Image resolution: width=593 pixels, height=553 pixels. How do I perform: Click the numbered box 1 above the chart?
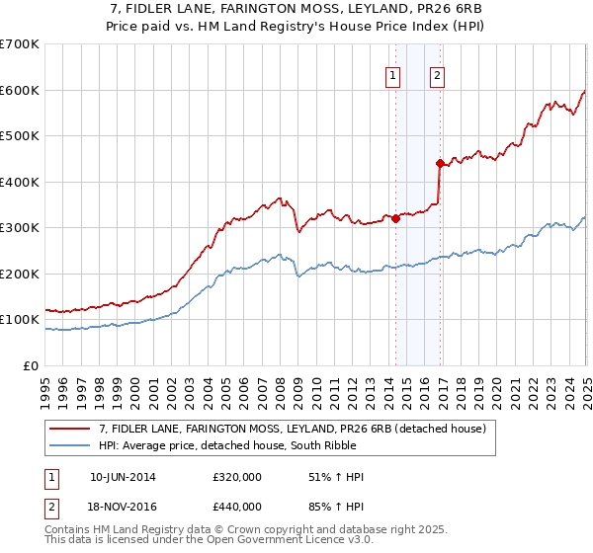(x=393, y=77)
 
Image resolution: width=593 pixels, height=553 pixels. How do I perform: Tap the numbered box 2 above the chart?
(x=437, y=77)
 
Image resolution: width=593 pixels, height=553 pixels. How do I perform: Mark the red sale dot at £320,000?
(x=395, y=219)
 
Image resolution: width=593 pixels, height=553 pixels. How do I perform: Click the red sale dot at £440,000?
(x=439, y=164)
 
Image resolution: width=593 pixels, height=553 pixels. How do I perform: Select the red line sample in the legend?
(x=70, y=429)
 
